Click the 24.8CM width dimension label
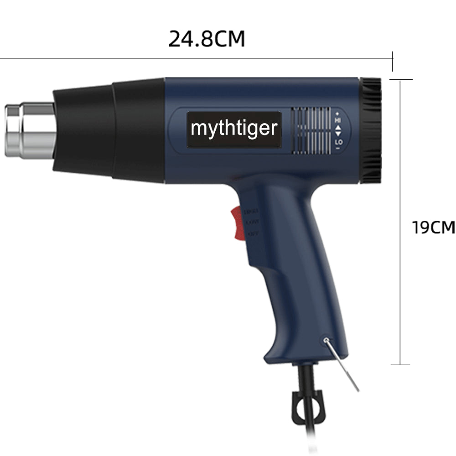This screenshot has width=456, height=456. click(207, 39)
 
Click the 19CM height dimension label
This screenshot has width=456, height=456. click(433, 227)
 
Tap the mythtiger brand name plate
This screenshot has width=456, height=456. click(234, 129)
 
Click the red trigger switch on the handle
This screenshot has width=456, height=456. click(237, 223)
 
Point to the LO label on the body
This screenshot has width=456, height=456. click(338, 143)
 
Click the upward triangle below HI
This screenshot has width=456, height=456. click(338, 128)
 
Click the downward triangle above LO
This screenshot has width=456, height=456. click(338, 135)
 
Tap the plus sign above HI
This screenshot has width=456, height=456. click(338, 113)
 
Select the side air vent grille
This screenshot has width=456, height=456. click(311, 130)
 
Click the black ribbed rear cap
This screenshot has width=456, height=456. click(371, 130)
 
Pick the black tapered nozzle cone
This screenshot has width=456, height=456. click(109, 130)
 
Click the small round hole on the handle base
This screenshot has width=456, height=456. click(325, 340)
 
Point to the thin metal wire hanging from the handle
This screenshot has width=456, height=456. click(343, 368)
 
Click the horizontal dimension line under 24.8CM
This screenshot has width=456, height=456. click(196, 58)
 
